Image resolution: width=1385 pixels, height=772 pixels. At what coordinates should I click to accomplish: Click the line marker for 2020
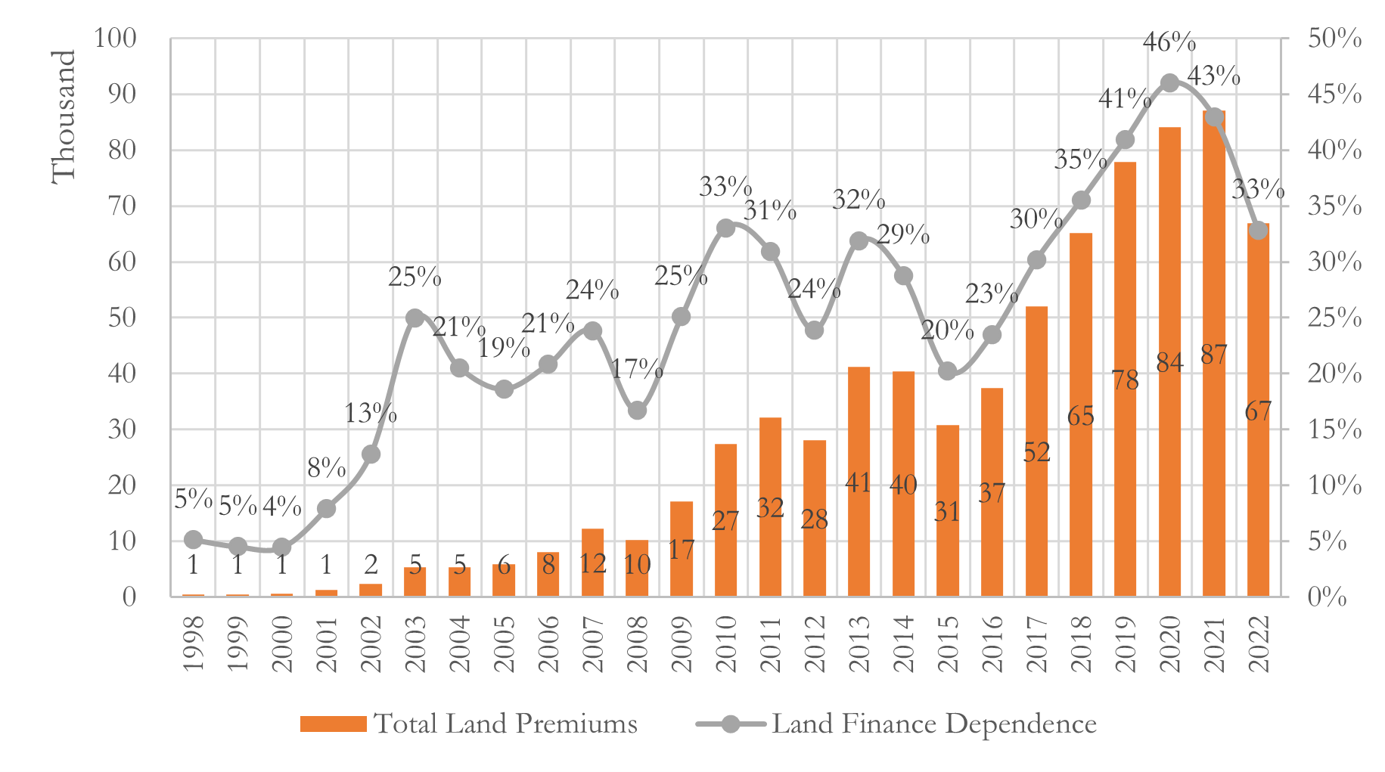(1169, 83)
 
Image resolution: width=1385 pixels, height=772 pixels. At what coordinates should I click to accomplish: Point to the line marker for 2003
(415, 318)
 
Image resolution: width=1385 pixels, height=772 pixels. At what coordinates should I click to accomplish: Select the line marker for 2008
(637, 411)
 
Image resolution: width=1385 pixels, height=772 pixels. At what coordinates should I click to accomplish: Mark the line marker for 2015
(947, 371)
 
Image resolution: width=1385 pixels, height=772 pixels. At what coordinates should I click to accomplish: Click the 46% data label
(1169, 42)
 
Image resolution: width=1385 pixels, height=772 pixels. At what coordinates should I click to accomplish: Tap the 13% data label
(370, 413)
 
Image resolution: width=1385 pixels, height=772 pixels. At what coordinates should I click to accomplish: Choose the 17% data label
(636, 369)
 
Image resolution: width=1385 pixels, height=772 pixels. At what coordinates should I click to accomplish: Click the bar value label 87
(1213, 355)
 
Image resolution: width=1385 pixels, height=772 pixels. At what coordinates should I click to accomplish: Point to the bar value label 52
(1036, 452)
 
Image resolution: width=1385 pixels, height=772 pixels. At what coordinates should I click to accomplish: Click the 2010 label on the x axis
(725, 644)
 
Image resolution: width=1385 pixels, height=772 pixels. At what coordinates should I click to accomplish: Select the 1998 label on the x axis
(194, 644)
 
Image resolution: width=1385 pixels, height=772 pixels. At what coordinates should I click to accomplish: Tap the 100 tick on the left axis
(115, 38)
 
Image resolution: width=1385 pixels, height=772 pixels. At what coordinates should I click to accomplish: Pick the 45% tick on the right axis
(1334, 95)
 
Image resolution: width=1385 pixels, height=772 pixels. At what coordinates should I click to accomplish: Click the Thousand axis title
(64, 116)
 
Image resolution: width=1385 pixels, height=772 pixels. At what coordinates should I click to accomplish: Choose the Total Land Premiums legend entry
(469, 724)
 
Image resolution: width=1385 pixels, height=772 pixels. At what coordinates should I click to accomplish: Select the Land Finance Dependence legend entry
(896, 724)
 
